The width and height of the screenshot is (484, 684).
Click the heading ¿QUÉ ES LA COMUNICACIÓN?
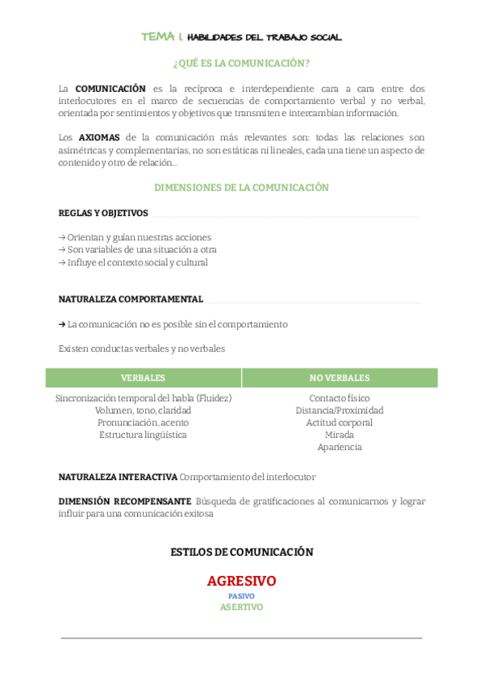pyautogui.click(x=241, y=63)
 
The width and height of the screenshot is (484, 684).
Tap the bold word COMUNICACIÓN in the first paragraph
pyautogui.click(x=111, y=88)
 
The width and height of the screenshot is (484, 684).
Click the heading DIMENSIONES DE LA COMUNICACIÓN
pyautogui.click(x=241, y=187)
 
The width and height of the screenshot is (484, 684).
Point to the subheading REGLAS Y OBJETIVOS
pyautogui.click(x=103, y=213)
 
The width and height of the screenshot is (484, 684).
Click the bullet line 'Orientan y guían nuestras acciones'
pyautogui.click(x=135, y=237)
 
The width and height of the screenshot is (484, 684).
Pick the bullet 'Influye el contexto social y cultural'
pyautogui.click(x=133, y=262)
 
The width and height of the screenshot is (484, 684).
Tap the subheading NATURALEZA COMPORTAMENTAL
pyautogui.click(x=131, y=298)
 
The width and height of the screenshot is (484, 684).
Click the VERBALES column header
pyautogui.click(x=143, y=377)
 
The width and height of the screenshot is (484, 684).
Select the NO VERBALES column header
pyautogui.click(x=340, y=377)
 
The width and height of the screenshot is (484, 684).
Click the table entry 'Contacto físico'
pyautogui.click(x=340, y=398)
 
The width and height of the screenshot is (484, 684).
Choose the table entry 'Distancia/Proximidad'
pyautogui.click(x=340, y=411)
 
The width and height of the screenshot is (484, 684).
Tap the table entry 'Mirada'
pyautogui.click(x=340, y=435)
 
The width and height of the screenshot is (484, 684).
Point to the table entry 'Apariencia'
pyautogui.click(x=340, y=447)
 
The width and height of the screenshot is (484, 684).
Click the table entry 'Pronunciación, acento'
pyautogui.click(x=143, y=423)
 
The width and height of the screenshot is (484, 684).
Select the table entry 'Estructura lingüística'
pyautogui.click(x=143, y=435)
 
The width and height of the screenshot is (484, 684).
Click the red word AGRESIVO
pyautogui.click(x=241, y=581)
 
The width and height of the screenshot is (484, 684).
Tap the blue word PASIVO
pyautogui.click(x=241, y=596)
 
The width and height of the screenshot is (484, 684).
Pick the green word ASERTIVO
pyautogui.click(x=241, y=607)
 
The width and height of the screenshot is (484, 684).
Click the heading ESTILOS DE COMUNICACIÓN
pyautogui.click(x=241, y=553)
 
